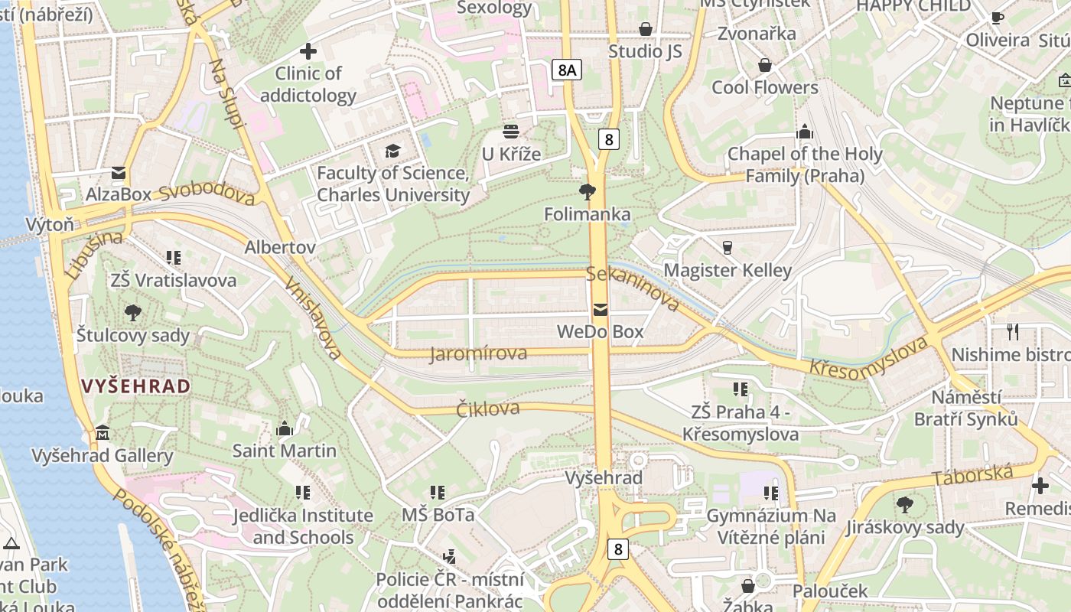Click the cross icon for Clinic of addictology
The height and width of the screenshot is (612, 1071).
click(x=308, y=51)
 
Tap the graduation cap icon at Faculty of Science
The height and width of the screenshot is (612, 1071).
click(x=392, y=151)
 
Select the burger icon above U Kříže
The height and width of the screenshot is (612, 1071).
click(x=510, y=132)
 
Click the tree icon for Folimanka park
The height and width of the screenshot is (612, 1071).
click(x=588, y=191)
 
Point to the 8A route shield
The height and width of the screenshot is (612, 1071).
click(x=566, y=70)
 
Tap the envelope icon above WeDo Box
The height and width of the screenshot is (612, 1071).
click(x=601, y=310)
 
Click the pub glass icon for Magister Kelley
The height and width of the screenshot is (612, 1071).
click(x=727, y=247)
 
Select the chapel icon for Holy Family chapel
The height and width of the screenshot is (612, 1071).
click(x=804, y=132)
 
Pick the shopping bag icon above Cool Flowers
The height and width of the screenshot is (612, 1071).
click(x=764, y=65)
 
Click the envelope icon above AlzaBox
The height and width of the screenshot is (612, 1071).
click(x=119, y=172)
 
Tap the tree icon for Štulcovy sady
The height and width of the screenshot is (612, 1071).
click(x=133, y=312)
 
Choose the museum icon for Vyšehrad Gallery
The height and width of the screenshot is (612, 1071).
click(x=103, y=433)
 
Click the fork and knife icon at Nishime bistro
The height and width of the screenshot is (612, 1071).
click(x=1013, y=332)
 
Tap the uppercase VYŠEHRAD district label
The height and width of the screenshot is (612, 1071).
click(x=136, y=386)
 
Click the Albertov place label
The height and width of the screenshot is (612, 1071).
click(x=280, y=248)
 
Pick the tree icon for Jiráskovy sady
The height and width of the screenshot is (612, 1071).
click(x=904, y=504)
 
